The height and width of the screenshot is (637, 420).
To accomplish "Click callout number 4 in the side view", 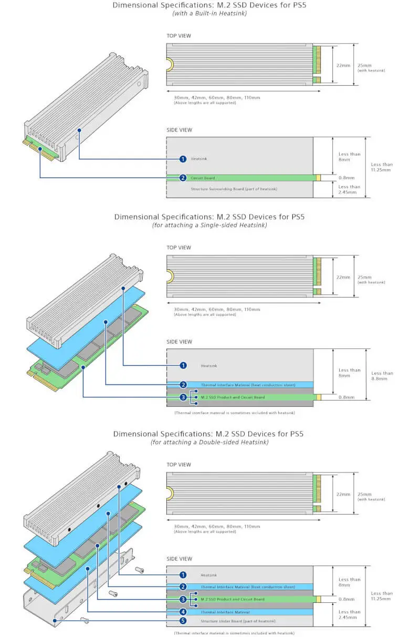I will pyautogui.click(x=183, y=612).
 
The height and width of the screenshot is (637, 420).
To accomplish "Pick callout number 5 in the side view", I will pyautogui.click(x=183, y=621).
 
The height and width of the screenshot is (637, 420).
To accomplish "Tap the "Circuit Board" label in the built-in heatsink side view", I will pyautogui.click(x=203, y=178).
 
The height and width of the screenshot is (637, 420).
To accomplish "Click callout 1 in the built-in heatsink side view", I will pyautogui.click(x=183, y=159).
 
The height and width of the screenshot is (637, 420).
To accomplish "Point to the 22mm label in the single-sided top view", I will pyautogui.click(x=343, y=277).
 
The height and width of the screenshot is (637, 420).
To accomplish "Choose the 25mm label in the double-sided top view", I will pyautogui.click(x=364, y=494).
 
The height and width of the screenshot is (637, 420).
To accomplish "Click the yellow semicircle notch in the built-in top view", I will pyautogui.click(x=170, y=64).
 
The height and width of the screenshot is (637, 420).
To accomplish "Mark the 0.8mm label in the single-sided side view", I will pyautogui.click(x=346, y=397).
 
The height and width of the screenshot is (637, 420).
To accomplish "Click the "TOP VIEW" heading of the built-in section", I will pyautogui.click(x=178, y=36).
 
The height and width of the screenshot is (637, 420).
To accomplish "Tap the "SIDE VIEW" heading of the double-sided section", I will pyautogui.click(x=179, y=559).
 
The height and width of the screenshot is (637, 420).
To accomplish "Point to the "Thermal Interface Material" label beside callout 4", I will pyautogui.click(x=225, y=612).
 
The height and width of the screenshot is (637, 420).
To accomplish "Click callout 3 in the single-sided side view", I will pyautogui.click(x=183, y=397).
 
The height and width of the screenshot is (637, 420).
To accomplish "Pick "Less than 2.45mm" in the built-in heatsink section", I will pyautogui.click(x=349, y=190).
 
